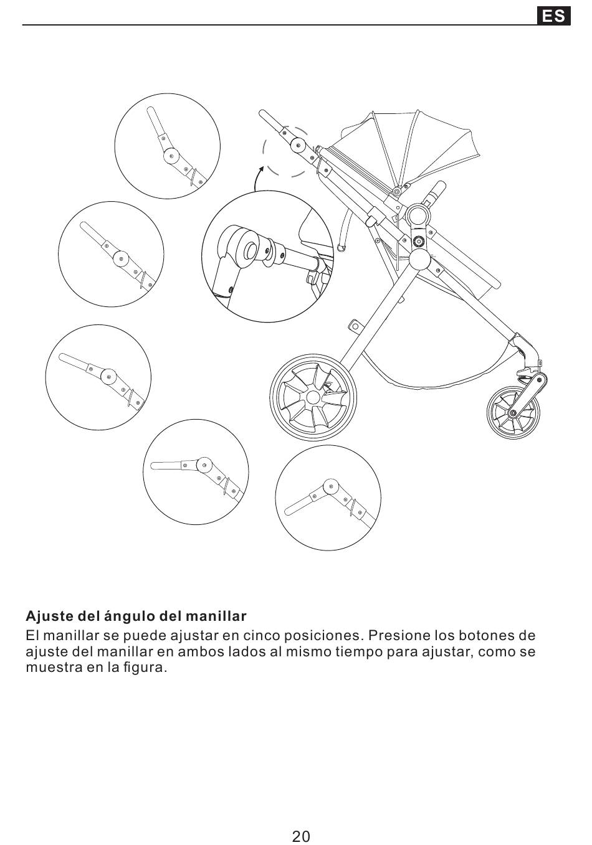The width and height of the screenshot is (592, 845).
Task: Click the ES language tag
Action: pos(553,16)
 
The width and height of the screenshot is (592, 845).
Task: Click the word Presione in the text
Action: pos(394,636)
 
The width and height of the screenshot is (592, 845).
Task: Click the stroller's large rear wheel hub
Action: pos(313,397)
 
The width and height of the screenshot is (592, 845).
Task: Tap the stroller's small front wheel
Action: pos(512,412)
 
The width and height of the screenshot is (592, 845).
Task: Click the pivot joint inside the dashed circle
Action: pos(298,146)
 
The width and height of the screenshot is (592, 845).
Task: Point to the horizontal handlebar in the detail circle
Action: pos(167,465)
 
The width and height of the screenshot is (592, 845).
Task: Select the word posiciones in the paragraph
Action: pos(321,636)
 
